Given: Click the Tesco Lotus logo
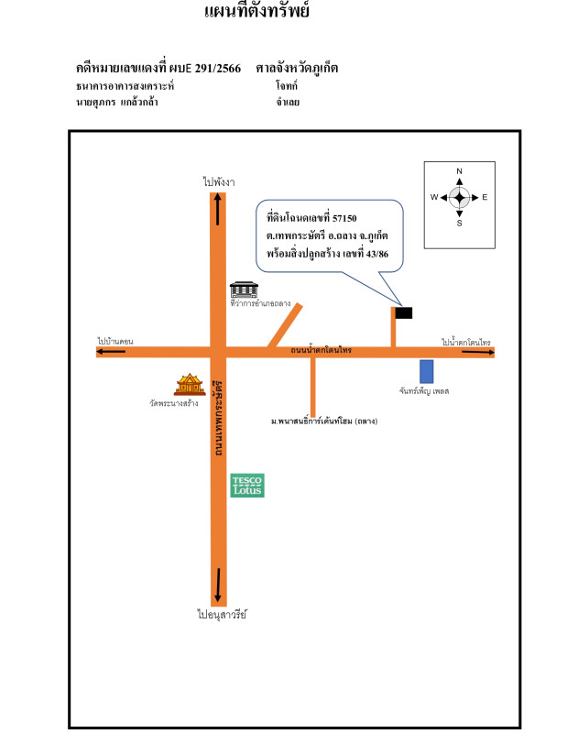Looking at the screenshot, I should pos(247,486).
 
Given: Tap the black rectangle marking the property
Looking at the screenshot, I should pos(403,312).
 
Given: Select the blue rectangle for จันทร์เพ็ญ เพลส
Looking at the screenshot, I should pos(426,371).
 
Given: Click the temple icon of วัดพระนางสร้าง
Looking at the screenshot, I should pos(189,384).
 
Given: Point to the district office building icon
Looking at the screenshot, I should pos(243,289).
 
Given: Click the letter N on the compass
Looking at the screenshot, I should pos(460,171).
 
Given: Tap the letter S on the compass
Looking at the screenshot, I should pos(460,223).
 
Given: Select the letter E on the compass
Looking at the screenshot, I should pos(485,197).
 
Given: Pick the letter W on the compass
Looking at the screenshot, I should pos(434,197).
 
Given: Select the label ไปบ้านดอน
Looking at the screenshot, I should pos(116,341).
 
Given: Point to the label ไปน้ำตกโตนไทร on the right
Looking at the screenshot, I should pos(465,342).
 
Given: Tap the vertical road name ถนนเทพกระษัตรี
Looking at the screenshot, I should pos(219,418).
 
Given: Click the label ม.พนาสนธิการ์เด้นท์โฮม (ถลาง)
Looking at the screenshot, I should pos(324,421).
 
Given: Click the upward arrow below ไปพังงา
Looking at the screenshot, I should pos(217,210).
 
